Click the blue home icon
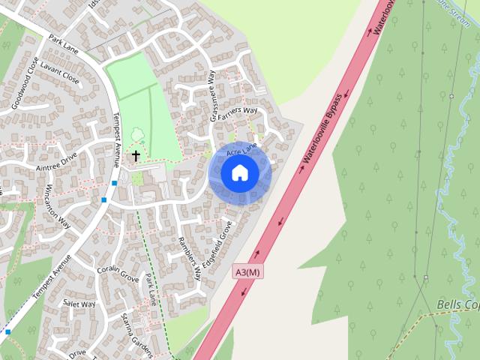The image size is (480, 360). (240, 173)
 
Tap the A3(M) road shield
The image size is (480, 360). (248, 271)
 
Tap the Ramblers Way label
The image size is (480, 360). (189, 258)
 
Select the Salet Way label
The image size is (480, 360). (79, 303)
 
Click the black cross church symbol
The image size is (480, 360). (136, 155)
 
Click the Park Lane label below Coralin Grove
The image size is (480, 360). (151, 289)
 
